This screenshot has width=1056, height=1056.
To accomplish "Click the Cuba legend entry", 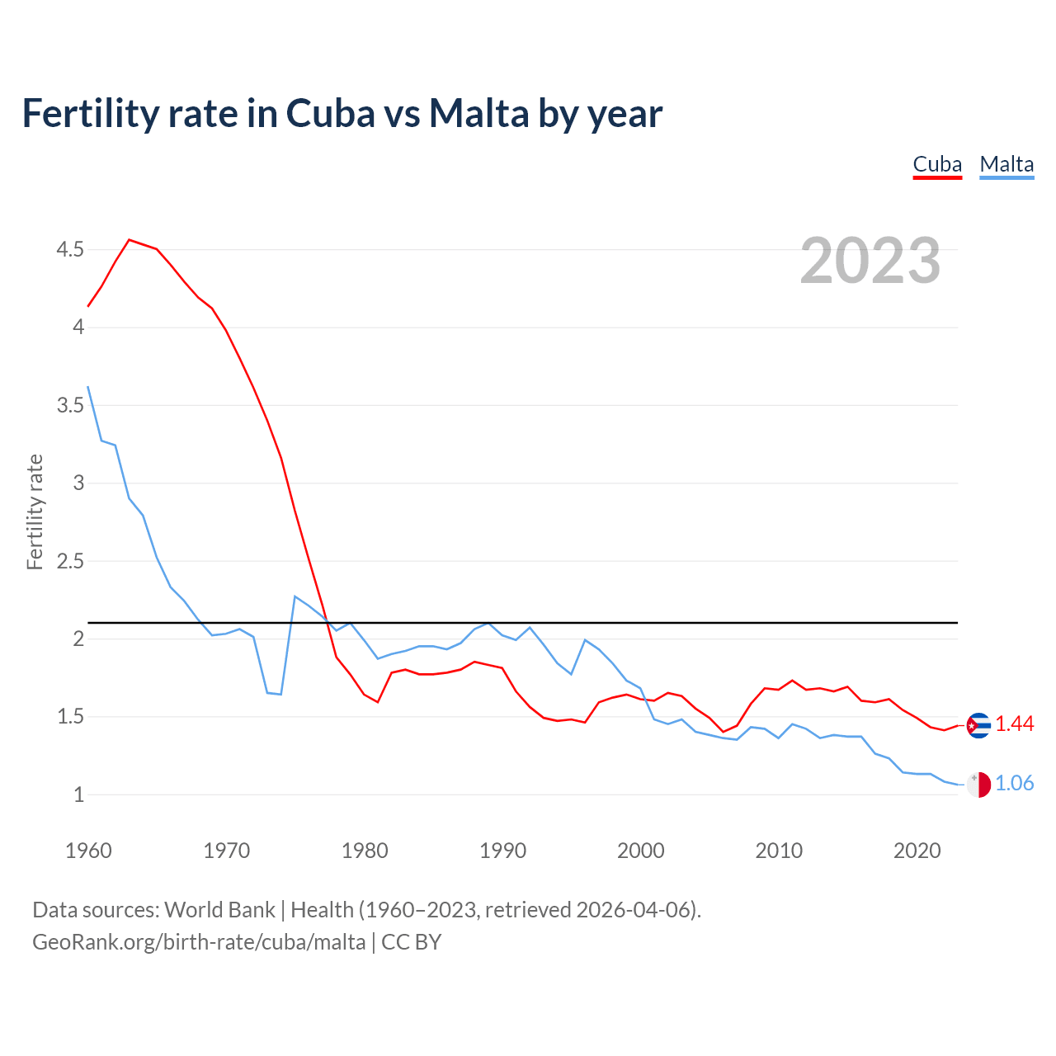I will click(937, 164).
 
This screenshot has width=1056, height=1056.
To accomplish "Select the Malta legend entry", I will click(1006, 164).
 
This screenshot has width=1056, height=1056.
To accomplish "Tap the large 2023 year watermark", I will click(870, 261).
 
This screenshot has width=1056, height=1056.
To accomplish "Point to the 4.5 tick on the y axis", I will click(70, 249).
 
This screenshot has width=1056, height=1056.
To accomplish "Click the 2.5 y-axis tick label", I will click(70, 561).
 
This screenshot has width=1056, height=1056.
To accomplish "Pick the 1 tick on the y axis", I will click(78, 795).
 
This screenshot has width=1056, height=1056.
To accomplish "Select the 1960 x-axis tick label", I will click(88, 851).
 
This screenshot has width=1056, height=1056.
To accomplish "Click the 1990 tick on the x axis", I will click(502, 851).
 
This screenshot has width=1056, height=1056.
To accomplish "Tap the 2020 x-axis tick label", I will click(917, 851).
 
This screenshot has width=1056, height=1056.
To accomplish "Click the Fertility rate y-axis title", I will click(35, 511).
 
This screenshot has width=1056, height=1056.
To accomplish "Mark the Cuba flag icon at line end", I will click(978, 725).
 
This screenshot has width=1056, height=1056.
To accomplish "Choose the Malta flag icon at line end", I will click(978, 785).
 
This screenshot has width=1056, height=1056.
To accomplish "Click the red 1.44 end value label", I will click(1015, 724).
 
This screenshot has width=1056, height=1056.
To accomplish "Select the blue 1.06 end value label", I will click(1015, 784).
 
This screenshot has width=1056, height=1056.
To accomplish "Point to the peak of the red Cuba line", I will click(130, 240).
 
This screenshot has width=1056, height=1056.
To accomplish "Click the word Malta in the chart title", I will click(478, 114).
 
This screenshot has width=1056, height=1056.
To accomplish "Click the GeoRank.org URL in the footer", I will click(199, 942).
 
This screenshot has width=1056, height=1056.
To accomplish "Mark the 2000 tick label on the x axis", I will click(641, 851).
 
